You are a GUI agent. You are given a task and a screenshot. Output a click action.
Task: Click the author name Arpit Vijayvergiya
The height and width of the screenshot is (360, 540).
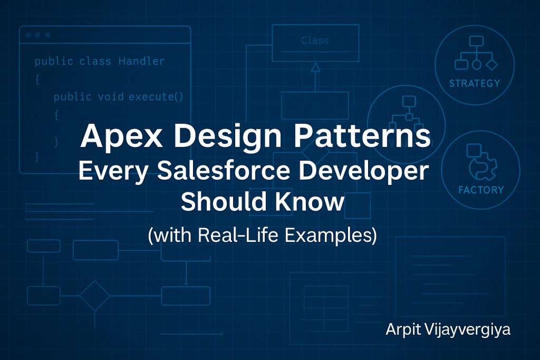point(448,330)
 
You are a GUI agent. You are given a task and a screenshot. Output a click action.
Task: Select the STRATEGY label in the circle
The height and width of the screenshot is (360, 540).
point(474,83)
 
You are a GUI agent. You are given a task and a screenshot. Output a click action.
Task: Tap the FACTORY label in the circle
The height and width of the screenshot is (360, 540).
point(480,190)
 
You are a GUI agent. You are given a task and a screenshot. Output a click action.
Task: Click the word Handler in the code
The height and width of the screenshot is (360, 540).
point(141,62)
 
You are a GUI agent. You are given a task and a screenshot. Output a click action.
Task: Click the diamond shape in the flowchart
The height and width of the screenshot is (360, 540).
point(95,295)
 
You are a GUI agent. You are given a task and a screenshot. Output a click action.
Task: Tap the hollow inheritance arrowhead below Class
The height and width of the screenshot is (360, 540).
point(315,66)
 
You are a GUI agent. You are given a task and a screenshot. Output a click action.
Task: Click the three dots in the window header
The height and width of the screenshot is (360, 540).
point(37,35)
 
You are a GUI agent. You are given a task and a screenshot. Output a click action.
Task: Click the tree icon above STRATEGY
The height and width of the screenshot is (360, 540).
point(476,53)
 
